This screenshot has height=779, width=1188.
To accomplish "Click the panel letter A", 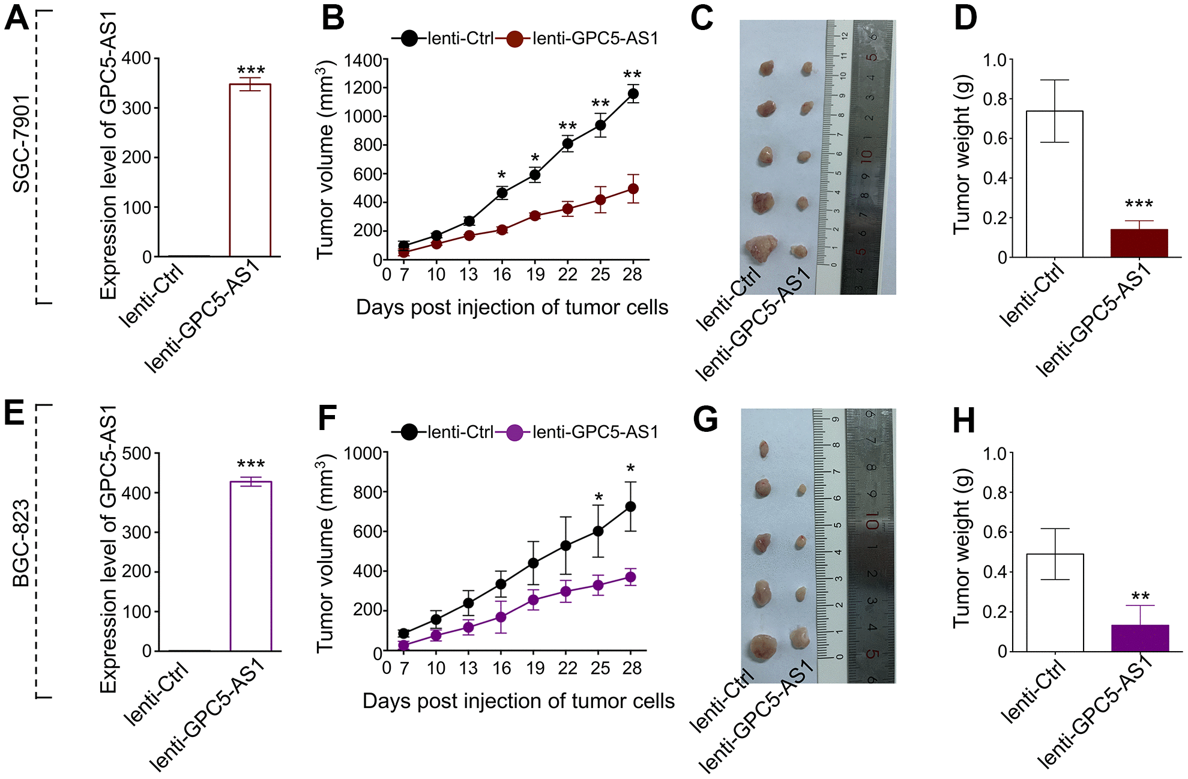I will click(x=16, y=18).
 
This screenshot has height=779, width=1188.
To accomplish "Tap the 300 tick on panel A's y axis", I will click(x=136, y=109).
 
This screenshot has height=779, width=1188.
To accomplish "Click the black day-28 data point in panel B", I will click(x=633, y=94).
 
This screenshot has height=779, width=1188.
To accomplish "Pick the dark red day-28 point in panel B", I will click(x=633, y=189).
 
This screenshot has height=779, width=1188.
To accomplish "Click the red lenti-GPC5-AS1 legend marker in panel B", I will click(x=514, y=39).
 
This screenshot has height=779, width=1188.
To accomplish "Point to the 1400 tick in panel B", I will click(x=363, y=61).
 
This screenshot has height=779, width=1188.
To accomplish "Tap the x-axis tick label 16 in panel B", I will click(x=501, y=275).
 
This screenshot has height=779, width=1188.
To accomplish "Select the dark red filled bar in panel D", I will click(x=1139, y=243).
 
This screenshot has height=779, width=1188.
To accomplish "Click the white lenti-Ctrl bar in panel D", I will click(x=1054, y=184).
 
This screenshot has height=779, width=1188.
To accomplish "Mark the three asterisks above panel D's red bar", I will click(x=1139, y=204).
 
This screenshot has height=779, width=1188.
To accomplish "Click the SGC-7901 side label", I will click(x=22, y=144).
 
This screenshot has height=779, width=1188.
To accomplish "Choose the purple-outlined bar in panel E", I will click(x=251, y=566).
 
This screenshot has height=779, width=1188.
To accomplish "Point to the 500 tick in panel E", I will click(x=136, y=453).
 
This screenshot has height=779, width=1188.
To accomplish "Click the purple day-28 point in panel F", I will click(x=630, y=577).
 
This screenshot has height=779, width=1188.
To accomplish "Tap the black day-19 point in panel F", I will click(x=533, y=563).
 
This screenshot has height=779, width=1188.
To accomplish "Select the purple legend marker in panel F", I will click(x=514, y=432).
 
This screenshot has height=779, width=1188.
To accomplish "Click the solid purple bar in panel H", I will click(x=1140, y=638).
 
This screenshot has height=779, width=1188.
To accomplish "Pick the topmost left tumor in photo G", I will click(x=764, y=449).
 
